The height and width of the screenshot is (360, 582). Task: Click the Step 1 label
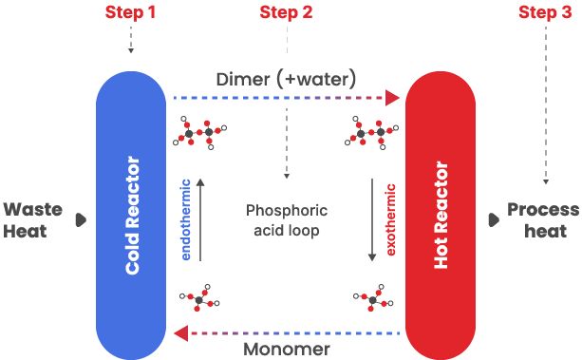point(130,12)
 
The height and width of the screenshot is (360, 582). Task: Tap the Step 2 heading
point(286,12)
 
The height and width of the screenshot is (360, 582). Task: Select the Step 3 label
point(545,12)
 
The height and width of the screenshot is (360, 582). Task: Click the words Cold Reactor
point(133,215)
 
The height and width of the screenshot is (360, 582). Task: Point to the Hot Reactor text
point(441,215)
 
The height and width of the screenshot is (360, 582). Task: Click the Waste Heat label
point(32,220)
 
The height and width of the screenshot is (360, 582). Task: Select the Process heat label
point(543,220)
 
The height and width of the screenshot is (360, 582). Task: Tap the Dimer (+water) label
point(286,80)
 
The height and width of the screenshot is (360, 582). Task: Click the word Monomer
point(287,350)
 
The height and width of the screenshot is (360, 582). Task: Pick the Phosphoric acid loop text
point(287,220)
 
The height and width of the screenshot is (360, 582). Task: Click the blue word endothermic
point(186,219)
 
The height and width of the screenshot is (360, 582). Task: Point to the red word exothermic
point(390,219)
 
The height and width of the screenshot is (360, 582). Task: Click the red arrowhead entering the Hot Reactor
point(392,98)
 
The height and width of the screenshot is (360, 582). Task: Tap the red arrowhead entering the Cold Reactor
point(181,333)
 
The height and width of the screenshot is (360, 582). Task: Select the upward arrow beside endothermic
point(200,220)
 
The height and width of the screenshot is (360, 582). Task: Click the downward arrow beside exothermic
point(372,220)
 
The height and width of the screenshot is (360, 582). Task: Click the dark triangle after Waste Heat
point(81,220)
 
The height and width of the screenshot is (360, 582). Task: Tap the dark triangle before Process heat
point(494,220)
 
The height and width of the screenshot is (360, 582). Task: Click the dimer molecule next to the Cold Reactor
point(199,133)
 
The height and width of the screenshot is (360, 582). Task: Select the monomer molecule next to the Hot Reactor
point(373,298)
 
